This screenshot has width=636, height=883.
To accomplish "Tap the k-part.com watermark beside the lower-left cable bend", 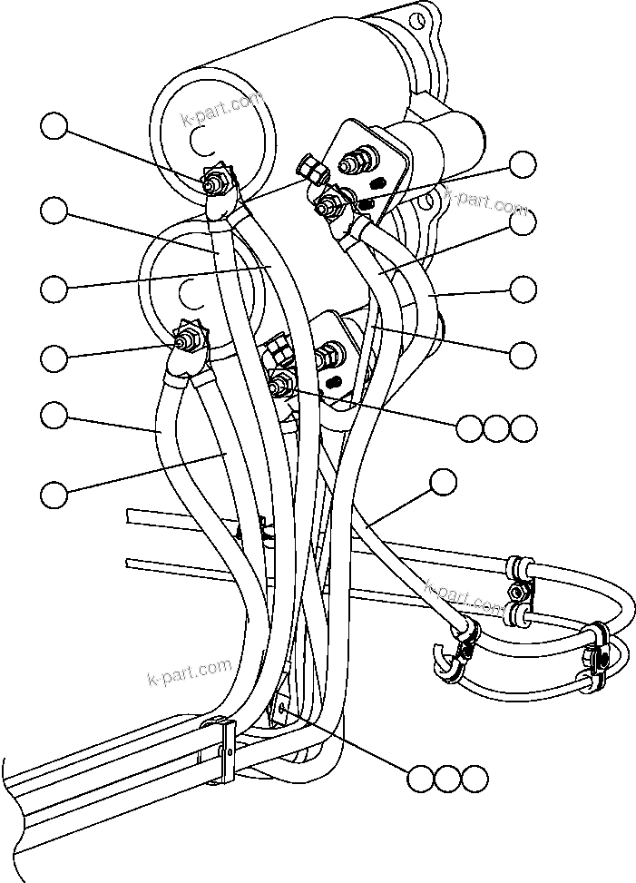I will coord(189,672).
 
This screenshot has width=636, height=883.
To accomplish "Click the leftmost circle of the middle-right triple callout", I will coord(469,427).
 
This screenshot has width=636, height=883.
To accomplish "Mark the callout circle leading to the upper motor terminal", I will coord(54,127).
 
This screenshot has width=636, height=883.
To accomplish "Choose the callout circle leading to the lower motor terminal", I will coord(54,357).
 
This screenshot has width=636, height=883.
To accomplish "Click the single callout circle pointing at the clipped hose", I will coord(443,483).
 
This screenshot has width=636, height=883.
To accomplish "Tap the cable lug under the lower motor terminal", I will coord(181,370).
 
